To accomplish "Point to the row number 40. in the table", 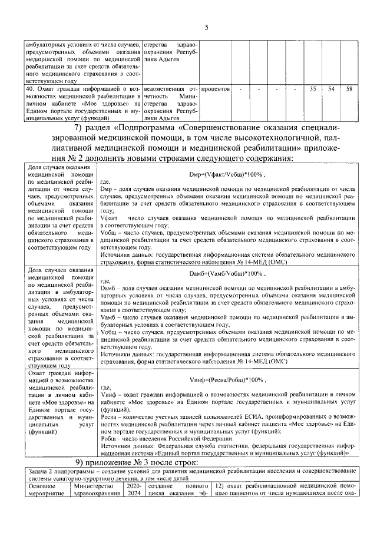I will click(28, 88).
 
